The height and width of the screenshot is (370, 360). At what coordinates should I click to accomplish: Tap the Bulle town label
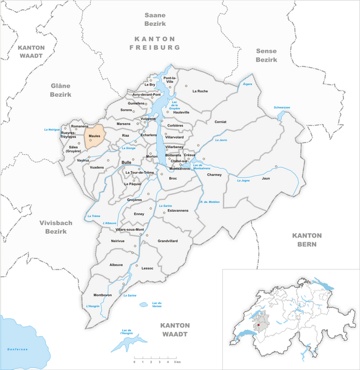(x=127, y=162)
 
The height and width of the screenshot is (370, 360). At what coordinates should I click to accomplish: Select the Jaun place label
(x=266, y=178)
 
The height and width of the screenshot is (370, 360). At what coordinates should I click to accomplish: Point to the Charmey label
(x=214, y=175)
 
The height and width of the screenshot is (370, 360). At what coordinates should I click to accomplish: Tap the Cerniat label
(x=220, y=121)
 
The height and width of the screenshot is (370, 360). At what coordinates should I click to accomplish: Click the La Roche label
(x=200, y=91)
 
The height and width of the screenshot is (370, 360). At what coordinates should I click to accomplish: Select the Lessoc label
(x=147, y=268)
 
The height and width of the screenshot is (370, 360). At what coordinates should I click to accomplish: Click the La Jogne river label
(x=242, y=180)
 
